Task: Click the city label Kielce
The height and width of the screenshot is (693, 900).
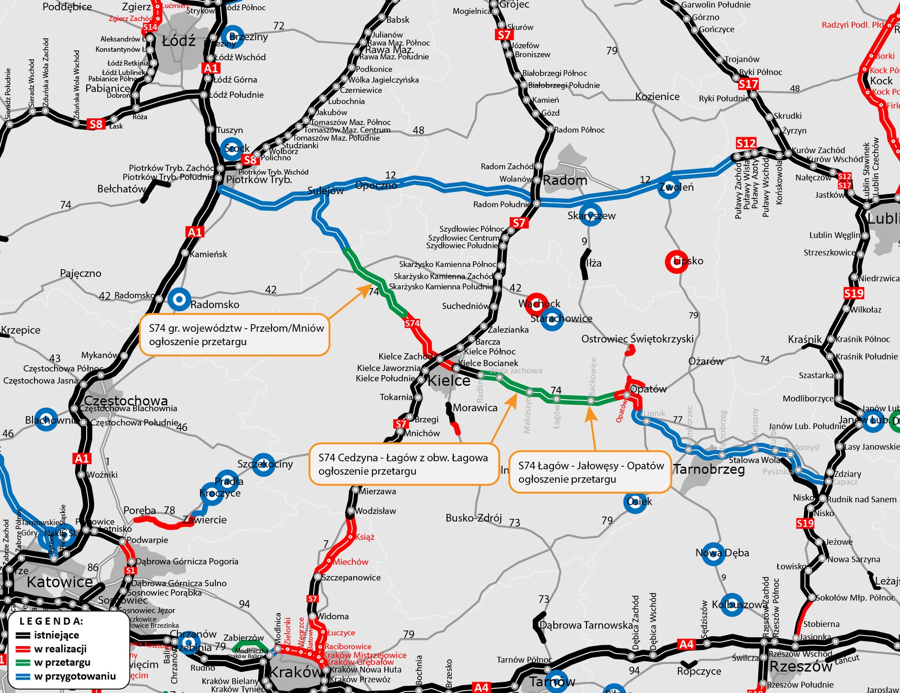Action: pyautogui.click(x=449, y=381)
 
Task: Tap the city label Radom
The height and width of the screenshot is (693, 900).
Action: pyautogui.click(x=565, y=180)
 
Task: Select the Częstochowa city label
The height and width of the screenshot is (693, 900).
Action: pyautogui.click(x=126, y=401)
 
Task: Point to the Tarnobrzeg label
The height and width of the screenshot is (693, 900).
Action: pyautogui.click(x=709, y=469)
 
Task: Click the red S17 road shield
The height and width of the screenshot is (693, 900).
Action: pyautogui.click(x=748, y=85)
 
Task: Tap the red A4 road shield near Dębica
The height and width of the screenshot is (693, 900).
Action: pyautogui.click(x=686, y=644)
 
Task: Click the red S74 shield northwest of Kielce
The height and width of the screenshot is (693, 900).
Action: pyautogui.click(x=412, y=324)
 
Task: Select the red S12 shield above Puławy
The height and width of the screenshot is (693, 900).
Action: pyautogui.click(x=746, y=143)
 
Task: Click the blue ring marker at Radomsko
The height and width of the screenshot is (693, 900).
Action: pyautogui.click(x=179, y=300)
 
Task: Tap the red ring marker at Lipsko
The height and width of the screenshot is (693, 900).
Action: pyautogui.click(x=676, y=262)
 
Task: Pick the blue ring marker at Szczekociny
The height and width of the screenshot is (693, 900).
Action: pyautogui.click(x=263, y=464)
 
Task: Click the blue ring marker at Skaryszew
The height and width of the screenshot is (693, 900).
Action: pyautogui.click(x=590, y=215)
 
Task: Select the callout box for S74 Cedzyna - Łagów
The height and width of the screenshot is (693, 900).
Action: pyautogui.click(x=404, y=464)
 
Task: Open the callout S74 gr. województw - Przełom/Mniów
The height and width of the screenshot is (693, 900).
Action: pyautogui.click(x=235, y=335)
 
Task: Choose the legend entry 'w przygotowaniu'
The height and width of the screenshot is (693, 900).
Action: pyautogui.click(x=75, y=676)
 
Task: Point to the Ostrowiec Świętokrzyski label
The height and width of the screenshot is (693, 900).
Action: pyautogui.click(x=637, y=339)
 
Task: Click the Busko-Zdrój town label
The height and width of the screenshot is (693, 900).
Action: pyautogui.click(x=473, y=518)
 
